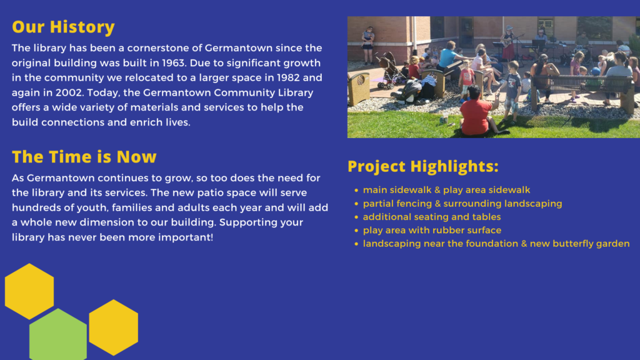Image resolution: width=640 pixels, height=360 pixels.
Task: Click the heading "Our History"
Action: (63, 27)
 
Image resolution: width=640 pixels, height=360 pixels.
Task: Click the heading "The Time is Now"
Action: (84, 156)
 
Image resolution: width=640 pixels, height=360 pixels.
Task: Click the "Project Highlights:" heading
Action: (422, 167)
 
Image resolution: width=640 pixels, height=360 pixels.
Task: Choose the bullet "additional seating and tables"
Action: (431, 217)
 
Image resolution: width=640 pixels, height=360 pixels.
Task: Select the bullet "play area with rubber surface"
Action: (431, 231)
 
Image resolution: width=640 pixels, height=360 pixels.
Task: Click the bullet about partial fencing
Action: (462, 204)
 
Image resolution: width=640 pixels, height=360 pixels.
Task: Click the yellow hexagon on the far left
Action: (29, 291)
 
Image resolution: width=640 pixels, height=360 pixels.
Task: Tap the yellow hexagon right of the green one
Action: (113, 327)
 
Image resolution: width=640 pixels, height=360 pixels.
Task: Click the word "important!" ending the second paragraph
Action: (186, 238)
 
